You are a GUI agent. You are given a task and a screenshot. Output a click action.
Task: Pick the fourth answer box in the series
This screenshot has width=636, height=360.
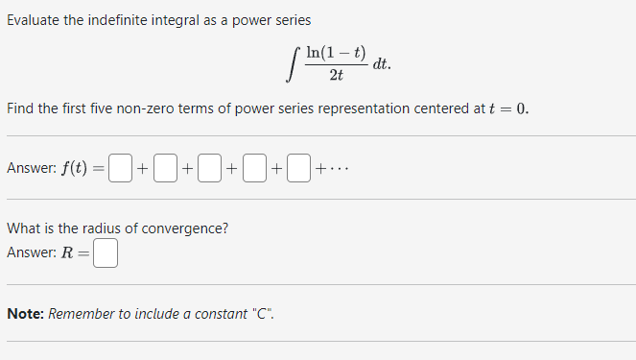coord(253,169)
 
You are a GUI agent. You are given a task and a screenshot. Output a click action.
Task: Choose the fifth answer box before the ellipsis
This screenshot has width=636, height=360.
coord(298,169)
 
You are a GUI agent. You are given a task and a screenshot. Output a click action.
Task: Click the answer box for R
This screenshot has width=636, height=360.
coord(106,253)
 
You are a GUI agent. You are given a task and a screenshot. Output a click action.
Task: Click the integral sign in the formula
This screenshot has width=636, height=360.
coord(292,65)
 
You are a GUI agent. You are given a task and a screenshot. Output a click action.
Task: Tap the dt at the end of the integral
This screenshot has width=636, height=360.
coord(381,65)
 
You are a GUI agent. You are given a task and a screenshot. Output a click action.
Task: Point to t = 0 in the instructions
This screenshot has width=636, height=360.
coord(507,108)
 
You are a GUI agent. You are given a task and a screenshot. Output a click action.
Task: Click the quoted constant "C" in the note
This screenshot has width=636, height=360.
coord(260,314)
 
